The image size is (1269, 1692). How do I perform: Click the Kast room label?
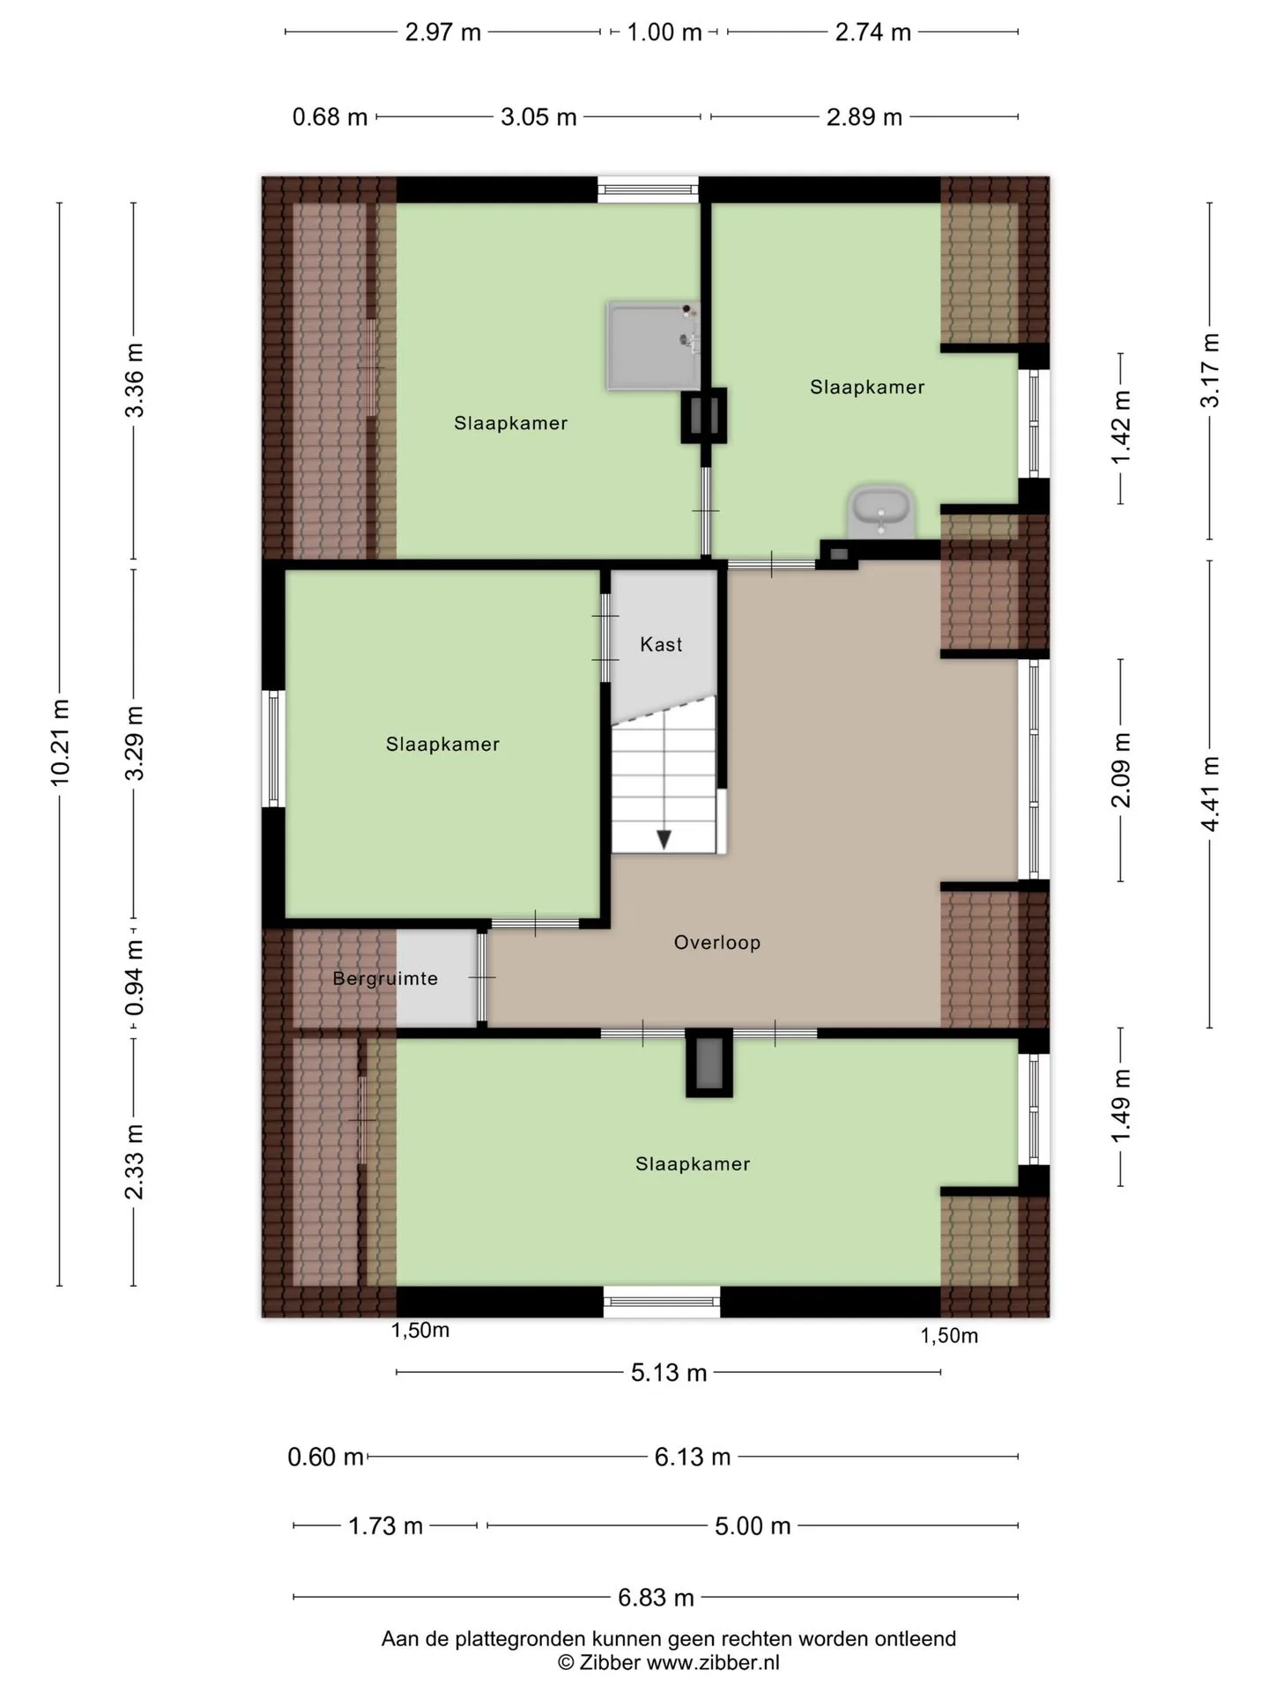661,644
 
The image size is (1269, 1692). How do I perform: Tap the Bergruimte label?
385,978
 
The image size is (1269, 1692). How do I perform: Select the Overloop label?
717,942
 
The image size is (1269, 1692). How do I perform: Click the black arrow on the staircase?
664,839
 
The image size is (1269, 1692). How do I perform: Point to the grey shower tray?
653,346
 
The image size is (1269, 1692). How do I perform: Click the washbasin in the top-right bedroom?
881,510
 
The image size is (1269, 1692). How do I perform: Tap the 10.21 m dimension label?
60,742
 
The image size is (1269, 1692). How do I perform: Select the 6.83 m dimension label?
656,1597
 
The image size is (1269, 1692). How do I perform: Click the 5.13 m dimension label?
669,1372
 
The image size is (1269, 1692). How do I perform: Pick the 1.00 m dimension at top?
664,33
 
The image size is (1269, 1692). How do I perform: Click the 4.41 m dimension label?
1210,793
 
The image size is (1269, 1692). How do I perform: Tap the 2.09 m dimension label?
1120,769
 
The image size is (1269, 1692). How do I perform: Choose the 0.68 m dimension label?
330,116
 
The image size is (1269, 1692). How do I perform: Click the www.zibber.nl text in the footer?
713,1663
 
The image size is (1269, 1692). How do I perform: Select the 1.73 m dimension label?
386,1525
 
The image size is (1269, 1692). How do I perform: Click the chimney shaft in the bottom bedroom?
709,1063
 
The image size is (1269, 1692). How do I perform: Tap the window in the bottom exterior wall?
662,1302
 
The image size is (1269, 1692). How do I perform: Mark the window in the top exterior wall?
648,189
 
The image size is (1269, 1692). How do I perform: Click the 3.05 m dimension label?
538,116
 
